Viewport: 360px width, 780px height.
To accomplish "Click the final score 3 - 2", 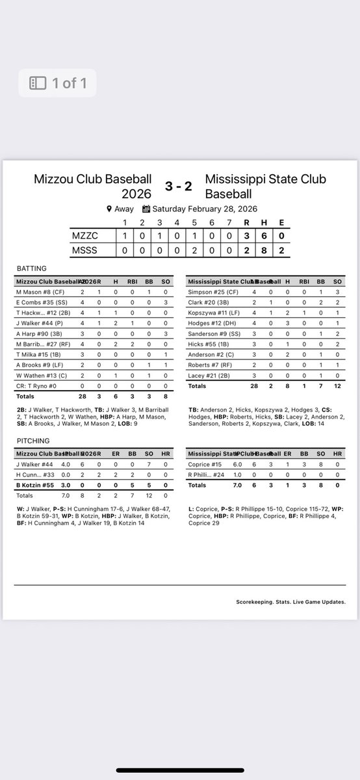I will tap(178, 185).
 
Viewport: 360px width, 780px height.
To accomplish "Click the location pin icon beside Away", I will tap(109, 209).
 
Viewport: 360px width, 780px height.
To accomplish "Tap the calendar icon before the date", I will tap(146, 209).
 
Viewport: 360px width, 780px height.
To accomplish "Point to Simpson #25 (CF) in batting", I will tap(211, 292).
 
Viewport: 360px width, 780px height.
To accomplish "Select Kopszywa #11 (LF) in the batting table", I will tap(214, 313).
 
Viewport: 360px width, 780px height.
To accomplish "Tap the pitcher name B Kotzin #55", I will tap(36, 485).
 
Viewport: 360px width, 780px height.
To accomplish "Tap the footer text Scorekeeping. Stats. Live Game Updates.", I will tap(290, 602).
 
